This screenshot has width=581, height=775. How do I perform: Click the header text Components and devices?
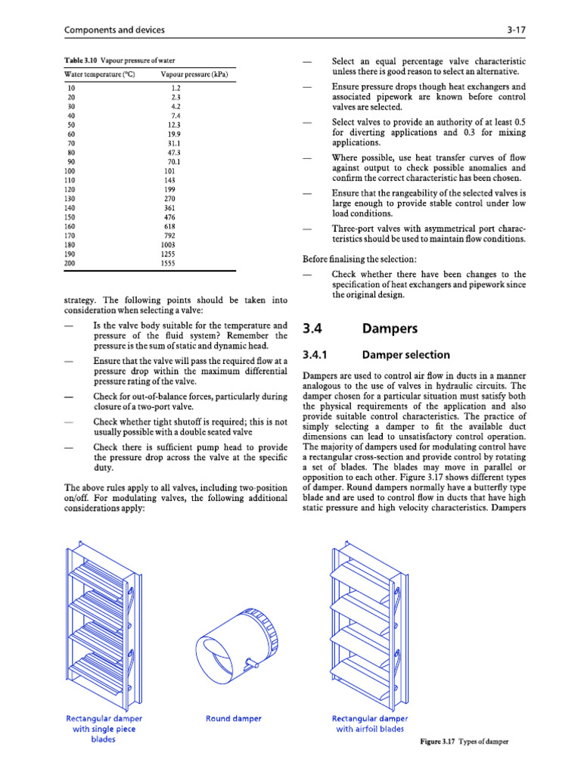(x=115, y=30)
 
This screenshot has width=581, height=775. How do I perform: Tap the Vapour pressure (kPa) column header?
(x=194, y=74)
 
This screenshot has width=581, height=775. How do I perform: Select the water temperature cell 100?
(x=71, y=171)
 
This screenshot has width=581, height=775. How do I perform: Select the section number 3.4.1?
(x=318, y=354)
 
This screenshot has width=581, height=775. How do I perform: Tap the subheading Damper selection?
(x=406, y=354)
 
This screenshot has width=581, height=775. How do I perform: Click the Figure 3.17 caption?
(x=464, y=742)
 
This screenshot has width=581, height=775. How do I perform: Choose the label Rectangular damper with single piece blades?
(x=104, y=729)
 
